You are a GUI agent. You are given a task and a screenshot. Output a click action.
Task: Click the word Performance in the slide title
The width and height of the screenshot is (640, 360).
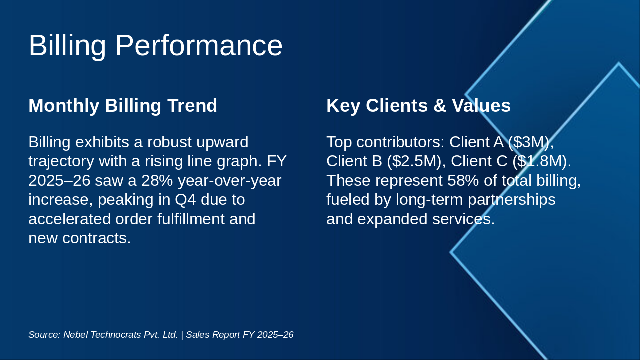pos(199,46)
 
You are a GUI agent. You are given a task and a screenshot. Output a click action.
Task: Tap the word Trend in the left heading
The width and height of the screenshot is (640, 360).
pos(194,106)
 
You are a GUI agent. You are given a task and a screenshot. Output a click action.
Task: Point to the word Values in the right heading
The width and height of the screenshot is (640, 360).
pos(481,106)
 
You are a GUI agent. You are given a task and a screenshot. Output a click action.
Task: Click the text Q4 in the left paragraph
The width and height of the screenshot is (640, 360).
pos(184,200)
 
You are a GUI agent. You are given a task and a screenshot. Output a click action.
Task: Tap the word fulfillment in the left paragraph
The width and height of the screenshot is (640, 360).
pos(182,219)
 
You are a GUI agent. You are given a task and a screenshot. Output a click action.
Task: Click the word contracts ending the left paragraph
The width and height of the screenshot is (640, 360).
pos(96,238)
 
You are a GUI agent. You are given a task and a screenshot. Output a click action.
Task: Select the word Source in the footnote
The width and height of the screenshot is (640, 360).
pos(44,335)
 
